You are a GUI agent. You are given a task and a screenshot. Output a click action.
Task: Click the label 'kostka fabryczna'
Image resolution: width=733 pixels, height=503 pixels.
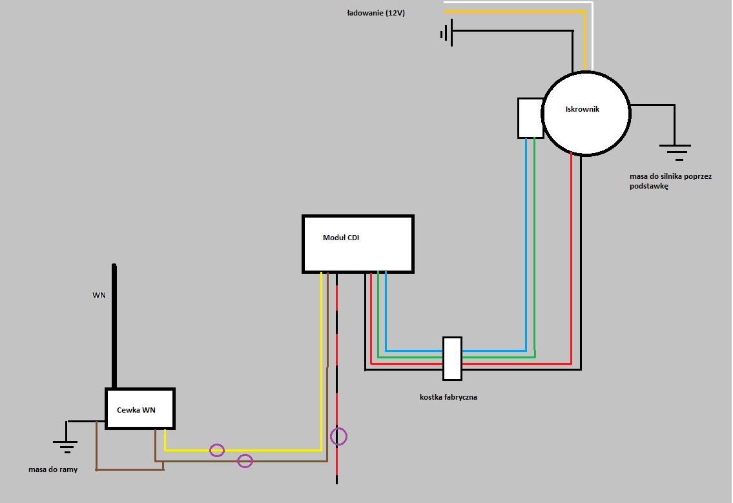click(x=448, y=397)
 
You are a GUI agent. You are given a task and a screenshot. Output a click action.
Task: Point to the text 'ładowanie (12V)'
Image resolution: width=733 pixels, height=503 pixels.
click(x=376, y=13)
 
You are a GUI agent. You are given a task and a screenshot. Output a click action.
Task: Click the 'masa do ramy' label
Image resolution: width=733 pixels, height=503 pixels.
click(x=53, y=469)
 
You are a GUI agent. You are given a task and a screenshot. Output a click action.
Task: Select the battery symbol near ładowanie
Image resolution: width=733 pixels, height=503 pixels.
click(x=448, y=33)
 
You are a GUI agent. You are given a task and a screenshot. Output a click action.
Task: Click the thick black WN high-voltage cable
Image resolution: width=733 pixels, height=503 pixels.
click(x=114, y=326)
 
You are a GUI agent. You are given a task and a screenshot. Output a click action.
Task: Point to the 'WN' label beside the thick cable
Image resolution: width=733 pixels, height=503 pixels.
click(x=99, y=295)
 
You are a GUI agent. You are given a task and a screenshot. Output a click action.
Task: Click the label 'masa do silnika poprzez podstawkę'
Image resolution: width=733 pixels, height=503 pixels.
click(x=670, y=181)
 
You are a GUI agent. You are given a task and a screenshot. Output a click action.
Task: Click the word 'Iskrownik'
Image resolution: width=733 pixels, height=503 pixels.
click(x=583, y=109)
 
